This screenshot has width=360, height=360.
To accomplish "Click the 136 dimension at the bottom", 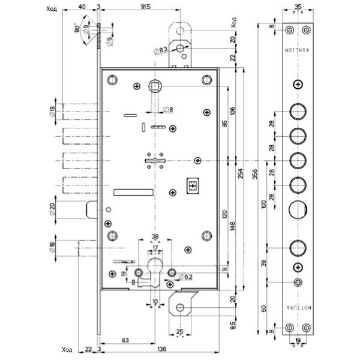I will [164, 350].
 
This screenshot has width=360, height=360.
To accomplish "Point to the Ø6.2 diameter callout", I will [187, 275].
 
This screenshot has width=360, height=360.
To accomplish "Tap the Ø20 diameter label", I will [54, 211].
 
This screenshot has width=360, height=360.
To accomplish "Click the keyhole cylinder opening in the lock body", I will [154, 272].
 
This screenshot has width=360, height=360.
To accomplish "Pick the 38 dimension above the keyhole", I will [154, 236].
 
